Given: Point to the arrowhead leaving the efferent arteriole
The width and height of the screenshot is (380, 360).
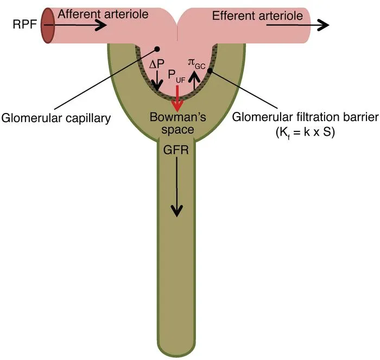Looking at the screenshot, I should coord(323,25).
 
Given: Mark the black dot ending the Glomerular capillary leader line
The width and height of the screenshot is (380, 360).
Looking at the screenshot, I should coord(157,49).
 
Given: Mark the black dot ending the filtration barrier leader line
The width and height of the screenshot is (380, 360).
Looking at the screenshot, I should coord(209,70).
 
